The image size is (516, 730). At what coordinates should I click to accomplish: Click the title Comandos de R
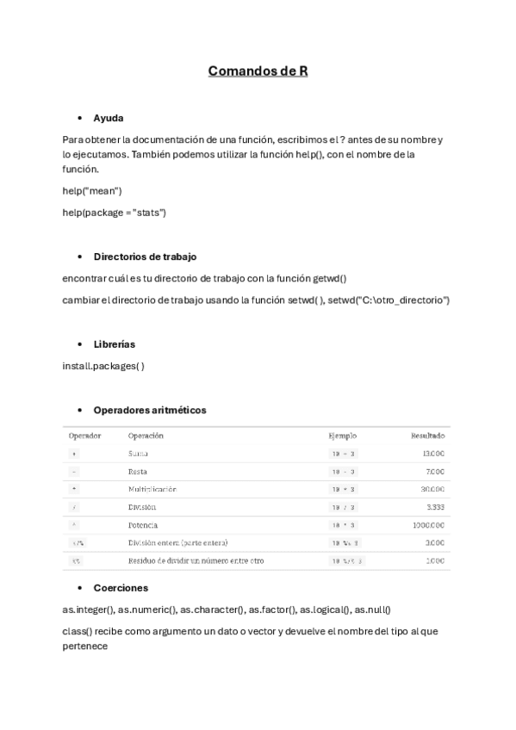point(258,71)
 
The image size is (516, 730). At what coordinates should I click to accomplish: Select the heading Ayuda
point(109,118)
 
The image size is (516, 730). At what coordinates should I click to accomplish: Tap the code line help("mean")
point(92,190)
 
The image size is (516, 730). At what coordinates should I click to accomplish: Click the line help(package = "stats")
point(114,212)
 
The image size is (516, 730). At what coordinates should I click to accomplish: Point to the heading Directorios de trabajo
point(145,257)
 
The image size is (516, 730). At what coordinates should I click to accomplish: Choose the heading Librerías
point(115,344)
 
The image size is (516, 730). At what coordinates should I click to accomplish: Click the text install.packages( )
point(103,366)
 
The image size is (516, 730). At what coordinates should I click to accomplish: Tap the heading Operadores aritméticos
point(149,411)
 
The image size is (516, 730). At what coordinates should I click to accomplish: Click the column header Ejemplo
point(342,436)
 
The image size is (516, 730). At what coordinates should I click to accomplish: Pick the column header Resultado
point(427,436)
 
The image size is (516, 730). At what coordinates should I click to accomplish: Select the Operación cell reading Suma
point(138,453)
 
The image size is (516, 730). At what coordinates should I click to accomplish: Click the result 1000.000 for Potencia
point(428,524)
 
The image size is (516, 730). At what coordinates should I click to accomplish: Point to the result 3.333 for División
point(433,507)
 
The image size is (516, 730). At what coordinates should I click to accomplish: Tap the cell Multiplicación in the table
point(152,489)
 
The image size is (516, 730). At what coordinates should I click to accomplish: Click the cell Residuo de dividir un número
point(196,560)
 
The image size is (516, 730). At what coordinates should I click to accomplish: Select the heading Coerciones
point(121,588)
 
